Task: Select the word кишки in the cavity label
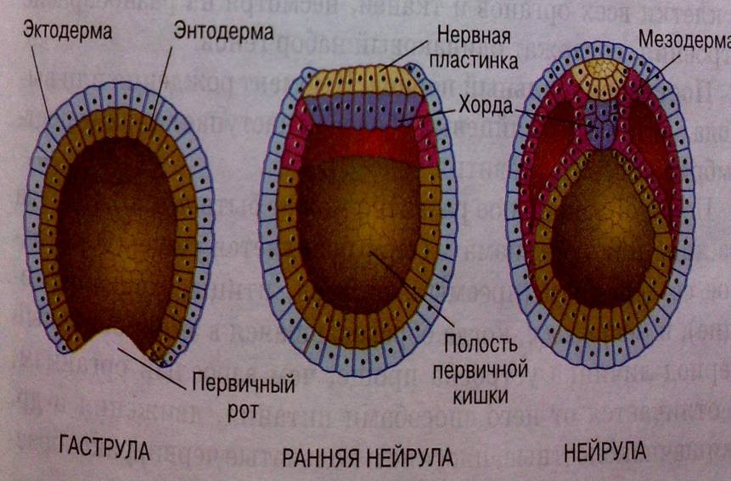pos(479,394)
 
